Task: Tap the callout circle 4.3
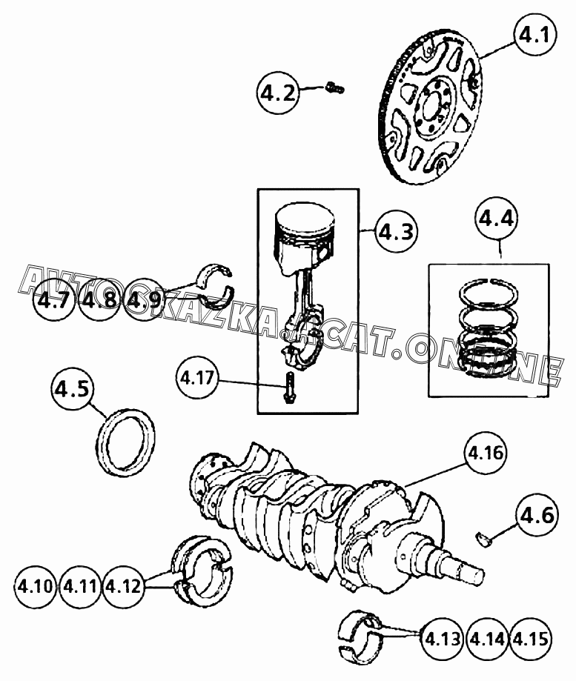tap(395, 233)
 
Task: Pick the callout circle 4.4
tap(496, 219)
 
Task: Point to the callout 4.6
tap(537, 515)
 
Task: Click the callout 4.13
tap(443, 637)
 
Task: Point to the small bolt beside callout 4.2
tap(335, 89)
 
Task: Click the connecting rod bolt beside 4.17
tap(289, 388)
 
